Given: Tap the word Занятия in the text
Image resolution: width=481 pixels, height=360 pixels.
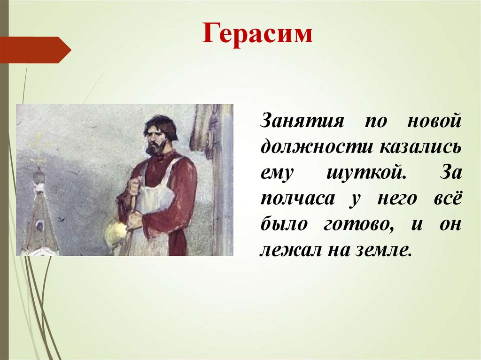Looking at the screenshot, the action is [302, 120].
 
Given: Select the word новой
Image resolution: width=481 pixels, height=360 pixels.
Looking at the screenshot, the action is [434, 120].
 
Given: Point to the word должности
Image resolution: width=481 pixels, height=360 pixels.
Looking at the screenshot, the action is [317, 146].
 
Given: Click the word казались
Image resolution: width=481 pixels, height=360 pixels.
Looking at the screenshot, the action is [421, 146].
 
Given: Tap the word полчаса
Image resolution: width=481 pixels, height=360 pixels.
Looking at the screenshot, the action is [297, 199].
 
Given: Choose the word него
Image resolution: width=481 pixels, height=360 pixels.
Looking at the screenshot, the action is [397, 199].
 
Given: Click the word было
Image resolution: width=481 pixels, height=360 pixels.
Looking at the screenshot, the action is [284, 224].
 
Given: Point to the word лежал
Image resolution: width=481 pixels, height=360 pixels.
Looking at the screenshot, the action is [291, 250].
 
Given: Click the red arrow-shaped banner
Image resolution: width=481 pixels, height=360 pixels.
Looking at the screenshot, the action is [35, 50].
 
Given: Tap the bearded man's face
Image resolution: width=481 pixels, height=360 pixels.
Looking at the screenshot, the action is [156, 140].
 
